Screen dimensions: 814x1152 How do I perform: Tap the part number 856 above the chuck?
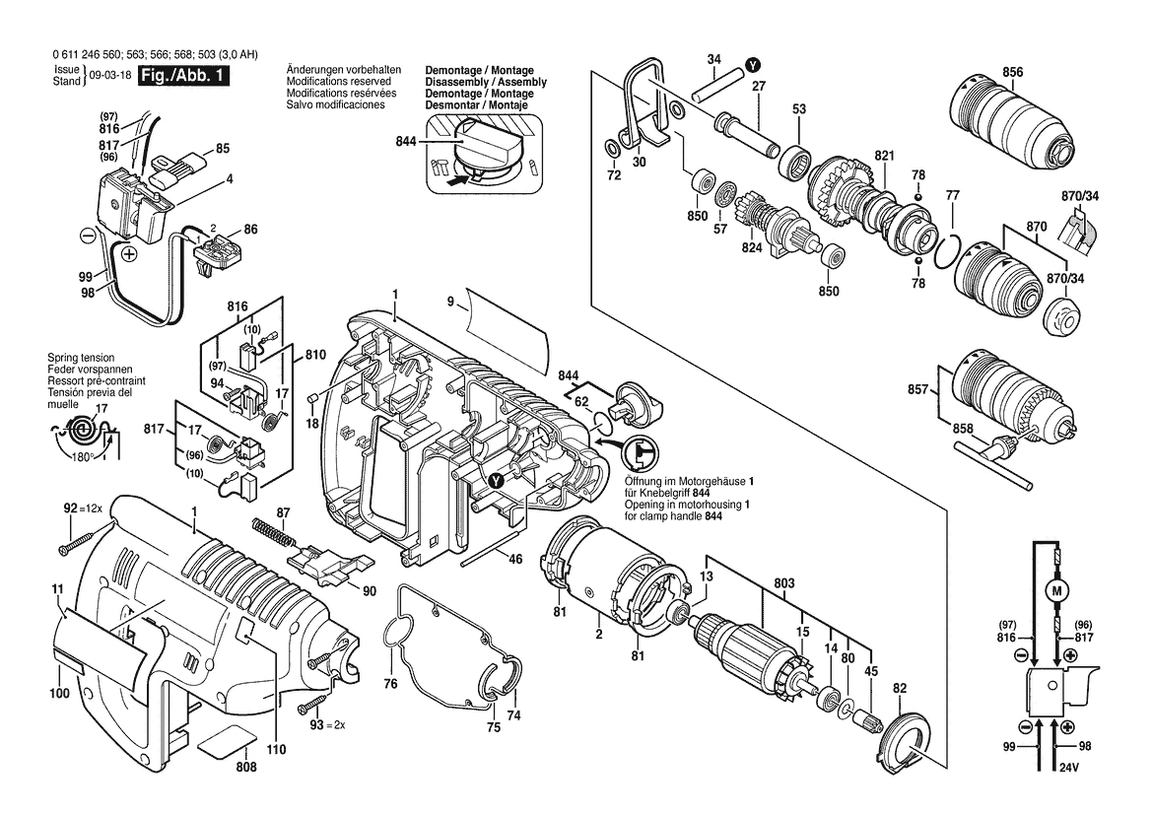(1012, 71)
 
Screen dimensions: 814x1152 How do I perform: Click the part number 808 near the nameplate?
(246, 767)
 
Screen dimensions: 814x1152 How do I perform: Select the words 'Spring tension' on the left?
(81, 358)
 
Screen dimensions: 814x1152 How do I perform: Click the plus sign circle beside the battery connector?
(129, 254)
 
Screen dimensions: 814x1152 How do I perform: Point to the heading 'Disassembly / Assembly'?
(486, 83)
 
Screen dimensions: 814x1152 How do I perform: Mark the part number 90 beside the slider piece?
(370, 591)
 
